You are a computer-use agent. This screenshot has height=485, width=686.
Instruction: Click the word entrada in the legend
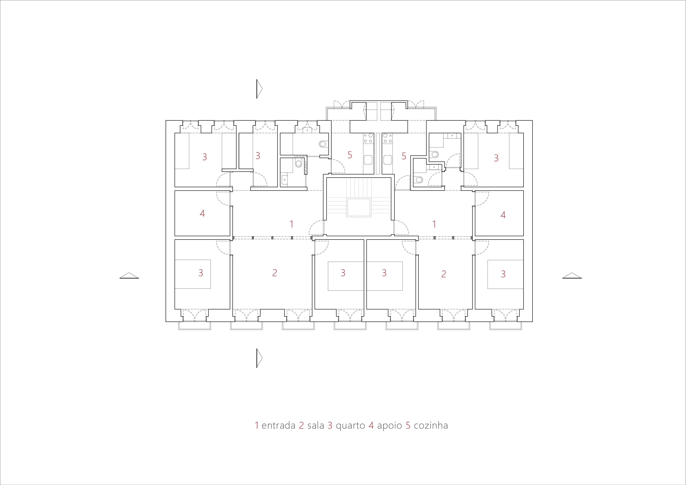tap(279, 426)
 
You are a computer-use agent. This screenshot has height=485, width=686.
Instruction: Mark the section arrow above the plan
tap(259, 89)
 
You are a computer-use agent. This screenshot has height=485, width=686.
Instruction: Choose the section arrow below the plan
tap(259, 358)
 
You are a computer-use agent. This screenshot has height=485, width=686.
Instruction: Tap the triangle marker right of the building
tap(572, 276)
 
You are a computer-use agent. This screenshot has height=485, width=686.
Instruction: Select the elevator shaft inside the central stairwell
tap(358, 207)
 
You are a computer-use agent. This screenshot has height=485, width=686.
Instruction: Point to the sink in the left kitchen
tap(368, 159)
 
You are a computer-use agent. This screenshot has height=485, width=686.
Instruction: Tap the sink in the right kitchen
tap(388, 159)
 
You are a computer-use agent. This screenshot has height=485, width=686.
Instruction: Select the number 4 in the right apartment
tap(503, 215)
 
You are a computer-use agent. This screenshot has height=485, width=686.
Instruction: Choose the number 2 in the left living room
tap(275, 273)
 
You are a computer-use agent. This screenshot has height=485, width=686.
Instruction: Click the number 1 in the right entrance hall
tap(434, 224)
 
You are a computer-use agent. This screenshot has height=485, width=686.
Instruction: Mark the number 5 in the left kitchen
tap(350, 155)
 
